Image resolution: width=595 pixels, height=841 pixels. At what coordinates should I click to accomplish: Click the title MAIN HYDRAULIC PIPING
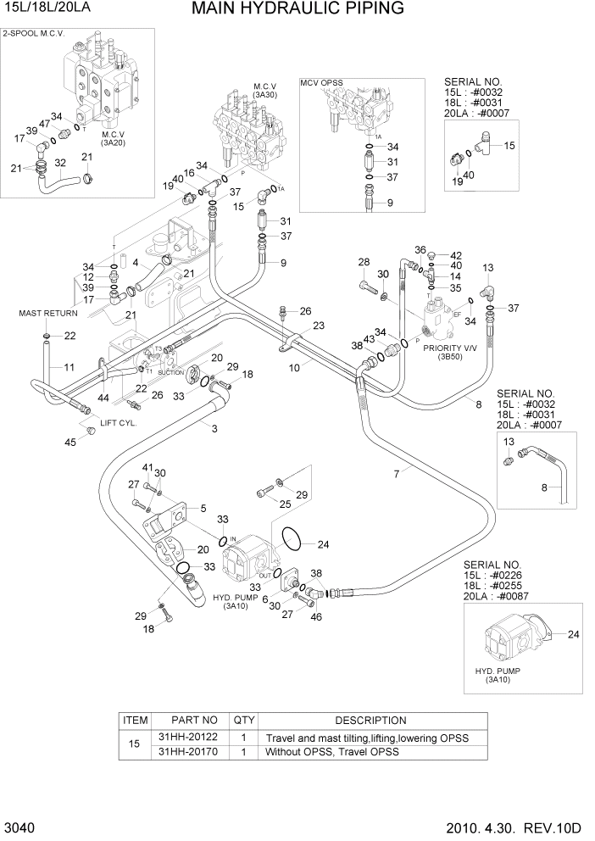click(x=297, y=9)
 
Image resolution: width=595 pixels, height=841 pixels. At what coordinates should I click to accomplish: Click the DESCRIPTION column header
click(x=364, y=721)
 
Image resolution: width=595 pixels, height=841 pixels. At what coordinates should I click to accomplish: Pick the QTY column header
click(x=244, y=721)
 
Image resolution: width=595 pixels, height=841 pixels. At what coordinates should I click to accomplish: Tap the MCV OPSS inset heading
click(x=322, y=82)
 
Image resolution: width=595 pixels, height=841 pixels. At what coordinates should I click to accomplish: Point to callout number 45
click(x=71, y=442)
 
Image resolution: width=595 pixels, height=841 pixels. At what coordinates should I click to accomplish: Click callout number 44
click(x=103, y=398)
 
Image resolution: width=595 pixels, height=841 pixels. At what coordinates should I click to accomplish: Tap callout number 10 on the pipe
click(x=294, y=368)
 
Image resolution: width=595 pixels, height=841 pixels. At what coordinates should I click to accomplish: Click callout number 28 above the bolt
click(x=364, y=261)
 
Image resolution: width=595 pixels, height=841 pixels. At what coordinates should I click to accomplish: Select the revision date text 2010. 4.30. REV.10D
click(x=521, y=827)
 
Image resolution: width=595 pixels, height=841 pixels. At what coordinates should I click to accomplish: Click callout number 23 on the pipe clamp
click(x=318, y=326)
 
